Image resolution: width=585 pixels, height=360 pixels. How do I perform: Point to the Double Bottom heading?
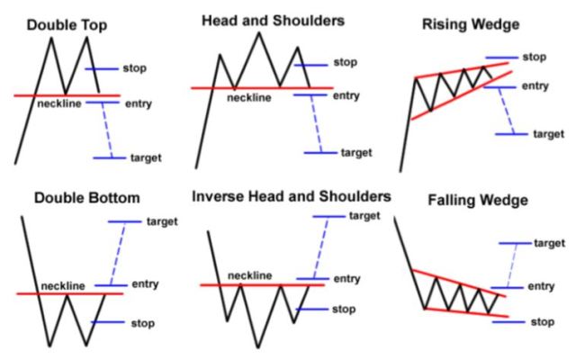tap(75, 195)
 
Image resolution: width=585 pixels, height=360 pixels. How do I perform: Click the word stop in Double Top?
tap(135, 68)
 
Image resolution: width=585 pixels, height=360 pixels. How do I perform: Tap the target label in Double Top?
tap(146, 157)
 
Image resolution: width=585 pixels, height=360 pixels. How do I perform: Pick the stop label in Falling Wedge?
tap(541, 321)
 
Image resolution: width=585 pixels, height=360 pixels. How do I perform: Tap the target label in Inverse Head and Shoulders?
tap(364, 216)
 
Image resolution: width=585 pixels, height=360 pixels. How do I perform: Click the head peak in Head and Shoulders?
tap(258, 33)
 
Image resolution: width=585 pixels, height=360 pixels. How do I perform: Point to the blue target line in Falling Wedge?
tap(513, 243)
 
